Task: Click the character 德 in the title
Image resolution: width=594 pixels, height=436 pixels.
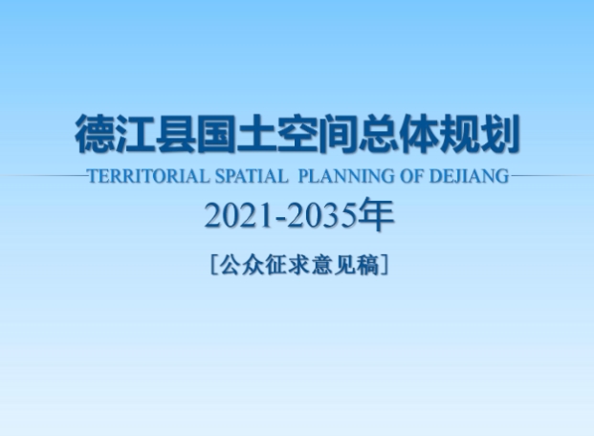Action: [x=95, y=133]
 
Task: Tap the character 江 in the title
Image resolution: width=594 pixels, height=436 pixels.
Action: [x=135, y=133]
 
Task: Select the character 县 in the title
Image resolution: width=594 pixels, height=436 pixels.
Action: [x=176, y=133]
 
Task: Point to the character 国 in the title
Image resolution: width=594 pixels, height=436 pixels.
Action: [x=216, y=133]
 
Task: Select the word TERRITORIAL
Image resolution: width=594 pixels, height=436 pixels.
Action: [x=148, y=176]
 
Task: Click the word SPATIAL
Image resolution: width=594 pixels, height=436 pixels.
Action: [x=252, y=176]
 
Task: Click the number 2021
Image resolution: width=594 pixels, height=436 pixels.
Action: [x=239, y=215]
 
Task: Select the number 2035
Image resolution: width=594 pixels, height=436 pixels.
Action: [x=322, y=215]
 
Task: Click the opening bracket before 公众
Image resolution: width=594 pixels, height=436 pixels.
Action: [x=213, y=265]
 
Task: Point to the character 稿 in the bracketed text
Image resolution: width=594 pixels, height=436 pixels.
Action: [x=367, y=265]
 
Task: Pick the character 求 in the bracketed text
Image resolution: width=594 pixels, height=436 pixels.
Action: [x=299, y=265]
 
